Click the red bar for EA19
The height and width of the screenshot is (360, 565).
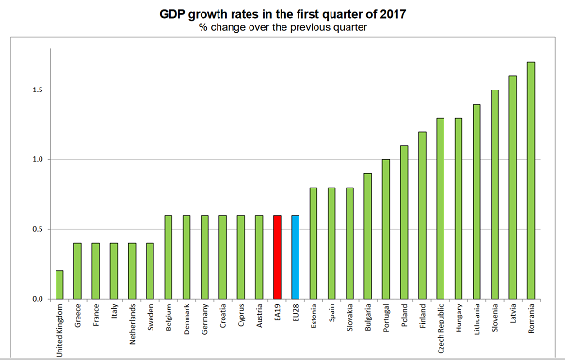[277, 257]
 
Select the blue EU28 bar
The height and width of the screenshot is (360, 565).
[295, 257]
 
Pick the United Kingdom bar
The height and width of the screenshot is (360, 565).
[60, 285]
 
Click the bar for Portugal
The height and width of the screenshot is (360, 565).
[385, 229]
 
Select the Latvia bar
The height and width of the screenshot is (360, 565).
[513, 188]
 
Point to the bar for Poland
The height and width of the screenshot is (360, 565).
[404, 222]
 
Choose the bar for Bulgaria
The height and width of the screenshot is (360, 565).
[367, 237]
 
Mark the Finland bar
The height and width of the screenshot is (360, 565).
[422, 216]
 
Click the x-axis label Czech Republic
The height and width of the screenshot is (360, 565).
[441, 326]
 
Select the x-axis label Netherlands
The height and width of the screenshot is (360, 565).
[133, 323]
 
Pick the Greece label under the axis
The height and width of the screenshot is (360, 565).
[78, 316]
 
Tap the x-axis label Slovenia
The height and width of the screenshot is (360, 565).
[495, 319]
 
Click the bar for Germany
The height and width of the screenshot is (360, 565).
[205, 257]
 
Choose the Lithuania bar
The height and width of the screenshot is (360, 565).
[476, 202]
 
